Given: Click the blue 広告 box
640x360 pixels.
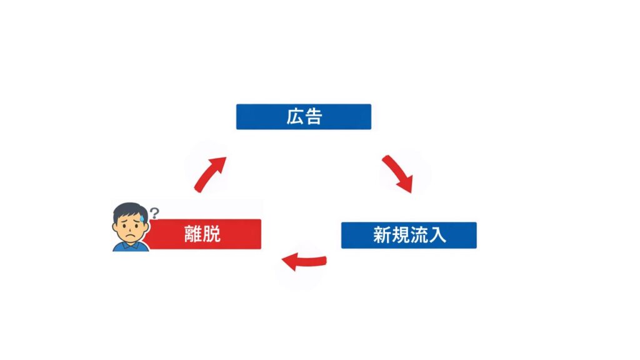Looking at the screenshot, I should tap(303, 117).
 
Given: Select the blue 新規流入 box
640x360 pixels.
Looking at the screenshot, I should tap(409, 235).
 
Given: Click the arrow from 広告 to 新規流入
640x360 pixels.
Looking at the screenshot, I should tap(397, 173).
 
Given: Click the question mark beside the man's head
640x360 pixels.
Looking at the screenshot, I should tap(154, 211).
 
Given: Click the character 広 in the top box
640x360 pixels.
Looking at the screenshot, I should tap(295, 117).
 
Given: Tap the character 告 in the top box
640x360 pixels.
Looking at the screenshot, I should tap(313, 117).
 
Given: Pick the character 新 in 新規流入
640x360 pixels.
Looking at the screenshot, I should tap(382, 235).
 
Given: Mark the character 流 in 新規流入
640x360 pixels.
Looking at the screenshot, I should tap(419, 235).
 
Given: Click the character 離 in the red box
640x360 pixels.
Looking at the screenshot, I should tap(194, 234).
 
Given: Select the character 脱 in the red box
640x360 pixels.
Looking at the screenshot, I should tap(212, 234).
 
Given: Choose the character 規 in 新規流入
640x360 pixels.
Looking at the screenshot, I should tap(400, 235).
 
